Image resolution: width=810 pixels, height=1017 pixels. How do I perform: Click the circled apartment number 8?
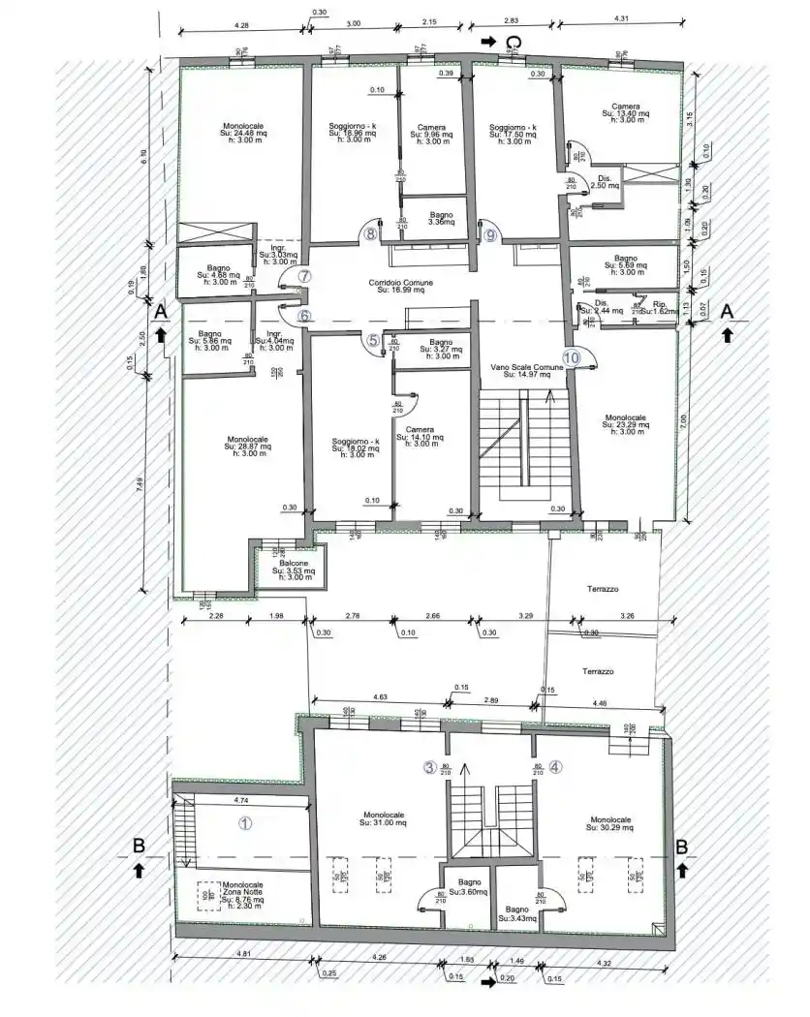pos(369,232)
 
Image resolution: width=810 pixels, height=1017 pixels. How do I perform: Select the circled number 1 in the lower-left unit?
pos(245,823)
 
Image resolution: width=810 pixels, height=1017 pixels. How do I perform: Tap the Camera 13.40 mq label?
pos(625,112)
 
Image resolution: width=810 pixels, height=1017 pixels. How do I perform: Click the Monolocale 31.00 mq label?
pos(377,819)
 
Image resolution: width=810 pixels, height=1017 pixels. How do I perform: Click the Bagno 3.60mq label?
pos(471,886)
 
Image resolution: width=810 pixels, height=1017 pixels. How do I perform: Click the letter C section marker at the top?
pos(517,42)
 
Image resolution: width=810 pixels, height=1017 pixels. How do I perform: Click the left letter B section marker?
pos(139,846)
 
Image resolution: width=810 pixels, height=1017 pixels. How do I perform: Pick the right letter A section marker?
pos(729,310)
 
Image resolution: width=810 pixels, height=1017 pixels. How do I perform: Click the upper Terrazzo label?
pos(602,589)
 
